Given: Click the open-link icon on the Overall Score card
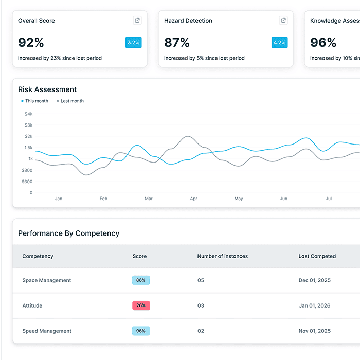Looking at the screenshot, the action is point(137,21).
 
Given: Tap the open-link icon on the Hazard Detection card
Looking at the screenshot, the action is point(283,21).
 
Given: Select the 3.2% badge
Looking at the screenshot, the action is point(133,43).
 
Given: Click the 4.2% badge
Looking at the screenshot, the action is point(279,43).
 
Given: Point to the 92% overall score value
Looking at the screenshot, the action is point(31,43).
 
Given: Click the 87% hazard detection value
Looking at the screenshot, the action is point(177,43).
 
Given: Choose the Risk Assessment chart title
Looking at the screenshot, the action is point(47,89).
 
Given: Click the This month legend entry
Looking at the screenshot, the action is point(34,101).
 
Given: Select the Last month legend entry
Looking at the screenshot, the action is point(70,101).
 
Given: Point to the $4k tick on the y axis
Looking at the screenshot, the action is point(28,114).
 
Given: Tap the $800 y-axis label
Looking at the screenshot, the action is point(27,170).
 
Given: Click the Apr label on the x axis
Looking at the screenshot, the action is point(193,199).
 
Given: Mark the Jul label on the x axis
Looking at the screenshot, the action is point(329,199).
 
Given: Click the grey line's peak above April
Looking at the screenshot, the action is point(188,136).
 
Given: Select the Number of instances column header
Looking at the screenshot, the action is point(223,256).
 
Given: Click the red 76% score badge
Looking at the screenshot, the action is point(141,305).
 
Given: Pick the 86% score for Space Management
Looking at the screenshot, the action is point(141,280).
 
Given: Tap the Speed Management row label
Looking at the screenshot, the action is point(47,331).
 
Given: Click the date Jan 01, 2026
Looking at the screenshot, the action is point(315,305).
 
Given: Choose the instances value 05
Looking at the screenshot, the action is point(201,280).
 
